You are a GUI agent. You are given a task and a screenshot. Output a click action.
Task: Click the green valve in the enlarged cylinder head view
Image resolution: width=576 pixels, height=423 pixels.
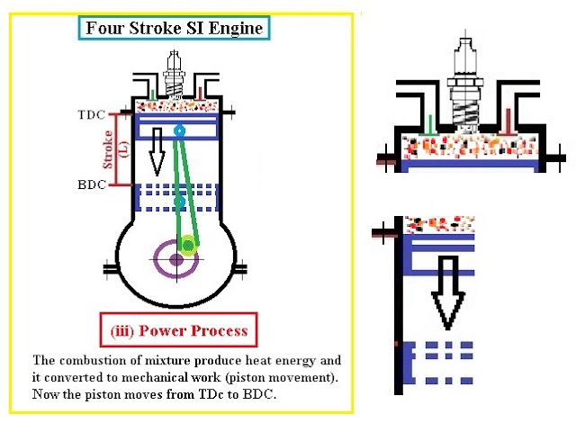[433, 126]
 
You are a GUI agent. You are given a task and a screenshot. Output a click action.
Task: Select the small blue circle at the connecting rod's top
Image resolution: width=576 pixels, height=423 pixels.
[180, 131]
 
